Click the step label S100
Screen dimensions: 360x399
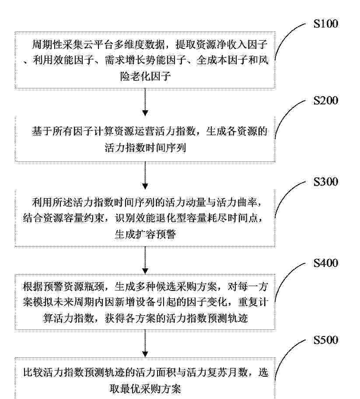pos(326,24)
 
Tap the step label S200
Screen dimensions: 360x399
pos(326,101)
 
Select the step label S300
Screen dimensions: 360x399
pos(326,182)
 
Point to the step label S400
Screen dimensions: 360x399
pos(326,263)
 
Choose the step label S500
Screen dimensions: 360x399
pos(326,340)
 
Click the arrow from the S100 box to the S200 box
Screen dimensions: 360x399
pos(145,102)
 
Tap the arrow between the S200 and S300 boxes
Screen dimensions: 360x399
pos(145,175)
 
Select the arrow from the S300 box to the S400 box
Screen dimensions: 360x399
pos(145,260)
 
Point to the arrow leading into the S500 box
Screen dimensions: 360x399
pos(145,343)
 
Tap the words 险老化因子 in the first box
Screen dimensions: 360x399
pos(145,76)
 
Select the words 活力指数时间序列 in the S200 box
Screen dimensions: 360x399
pos(145,147)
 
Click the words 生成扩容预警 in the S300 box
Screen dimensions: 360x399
pos(145,234)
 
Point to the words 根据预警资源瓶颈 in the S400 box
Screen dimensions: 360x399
pos(63,287)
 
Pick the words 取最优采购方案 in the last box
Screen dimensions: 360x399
pos(145,389)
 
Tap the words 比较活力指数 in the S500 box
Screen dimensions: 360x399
pos(53,372)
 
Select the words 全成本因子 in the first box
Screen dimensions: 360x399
pos(221,60)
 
